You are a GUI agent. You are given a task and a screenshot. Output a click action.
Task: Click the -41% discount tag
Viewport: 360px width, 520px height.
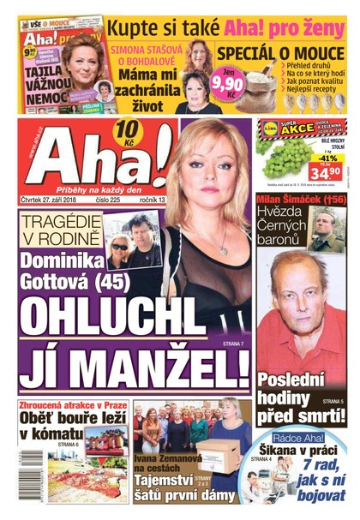(x=327, y=158)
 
